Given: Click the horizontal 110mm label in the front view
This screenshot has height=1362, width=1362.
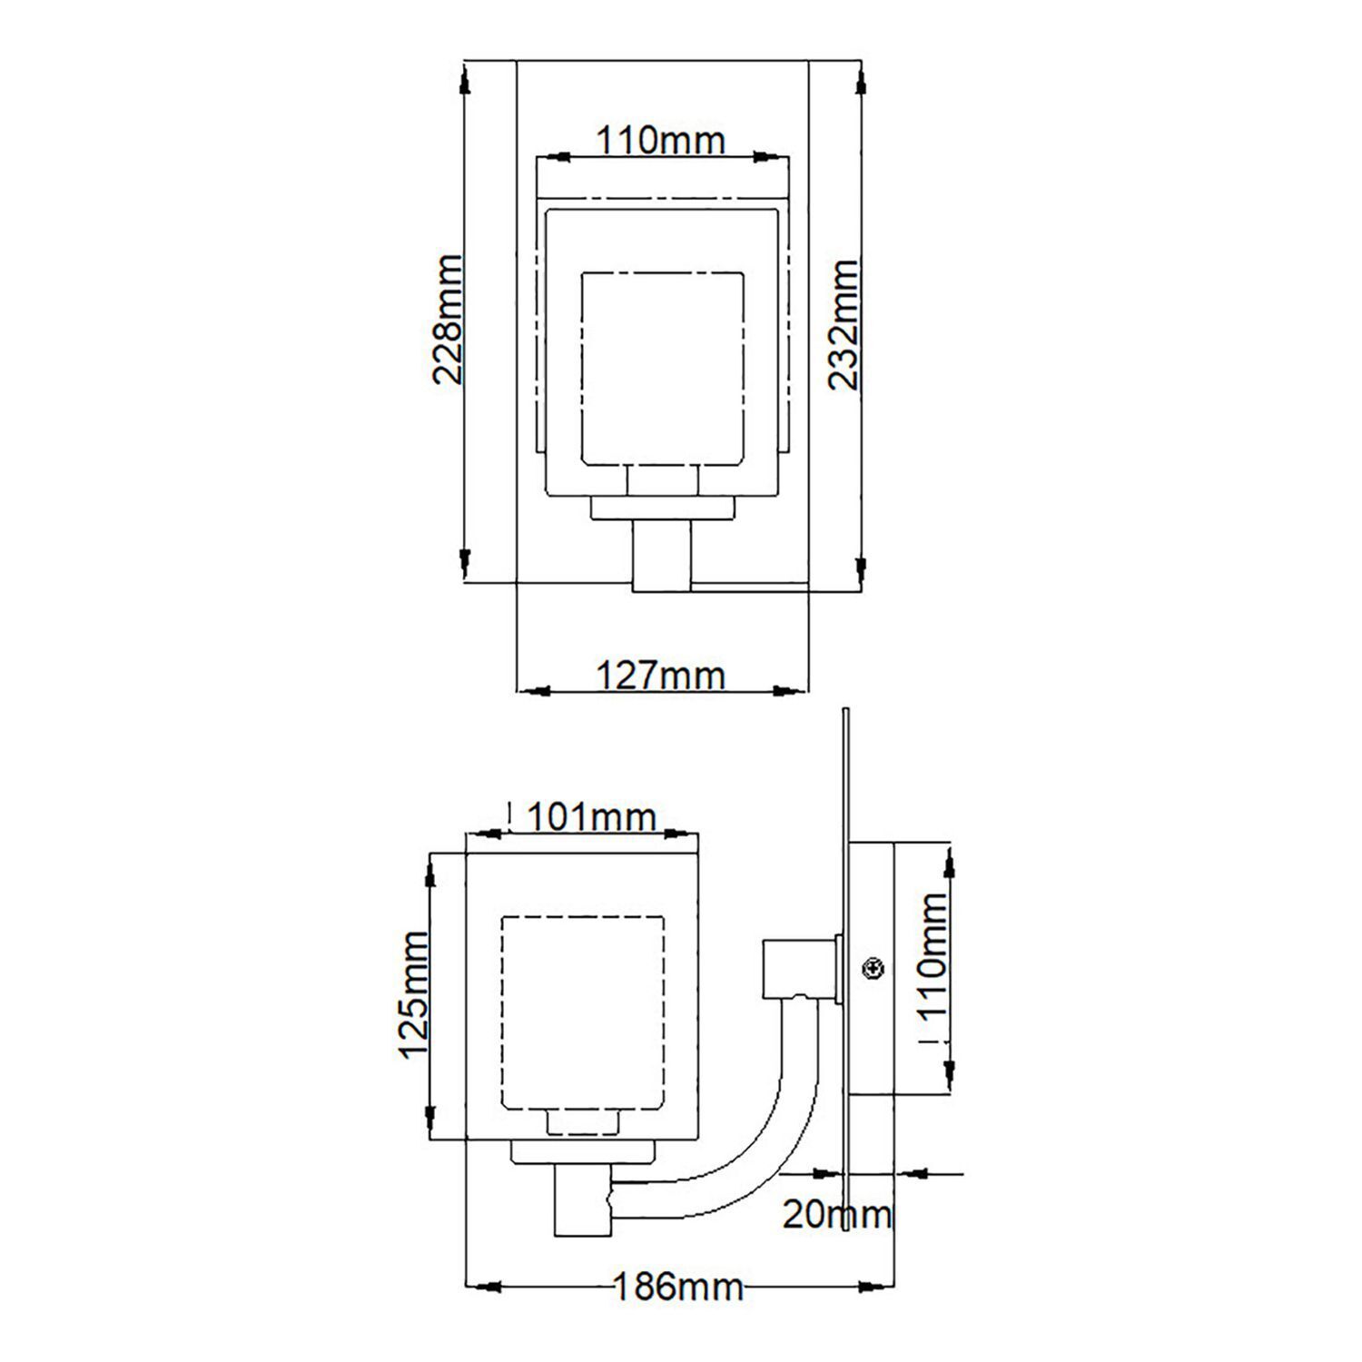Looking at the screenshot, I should pos(661,141).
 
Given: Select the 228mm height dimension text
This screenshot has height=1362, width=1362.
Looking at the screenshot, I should pos(448,320).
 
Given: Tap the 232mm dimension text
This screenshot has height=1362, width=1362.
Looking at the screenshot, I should pos(843,324).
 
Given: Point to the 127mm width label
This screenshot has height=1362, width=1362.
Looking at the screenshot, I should pos(661,676).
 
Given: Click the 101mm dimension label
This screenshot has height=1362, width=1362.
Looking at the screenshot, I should pos(591,818).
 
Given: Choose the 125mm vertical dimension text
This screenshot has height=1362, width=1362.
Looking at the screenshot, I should pos(415,994).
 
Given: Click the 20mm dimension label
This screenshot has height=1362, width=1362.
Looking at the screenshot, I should pos(837,1215).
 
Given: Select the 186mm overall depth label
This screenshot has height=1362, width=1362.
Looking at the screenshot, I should pos(678,1287).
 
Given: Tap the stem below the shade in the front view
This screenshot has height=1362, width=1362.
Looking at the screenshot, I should pos(662,556).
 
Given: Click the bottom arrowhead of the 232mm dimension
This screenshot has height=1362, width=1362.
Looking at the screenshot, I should pos(860,567).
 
